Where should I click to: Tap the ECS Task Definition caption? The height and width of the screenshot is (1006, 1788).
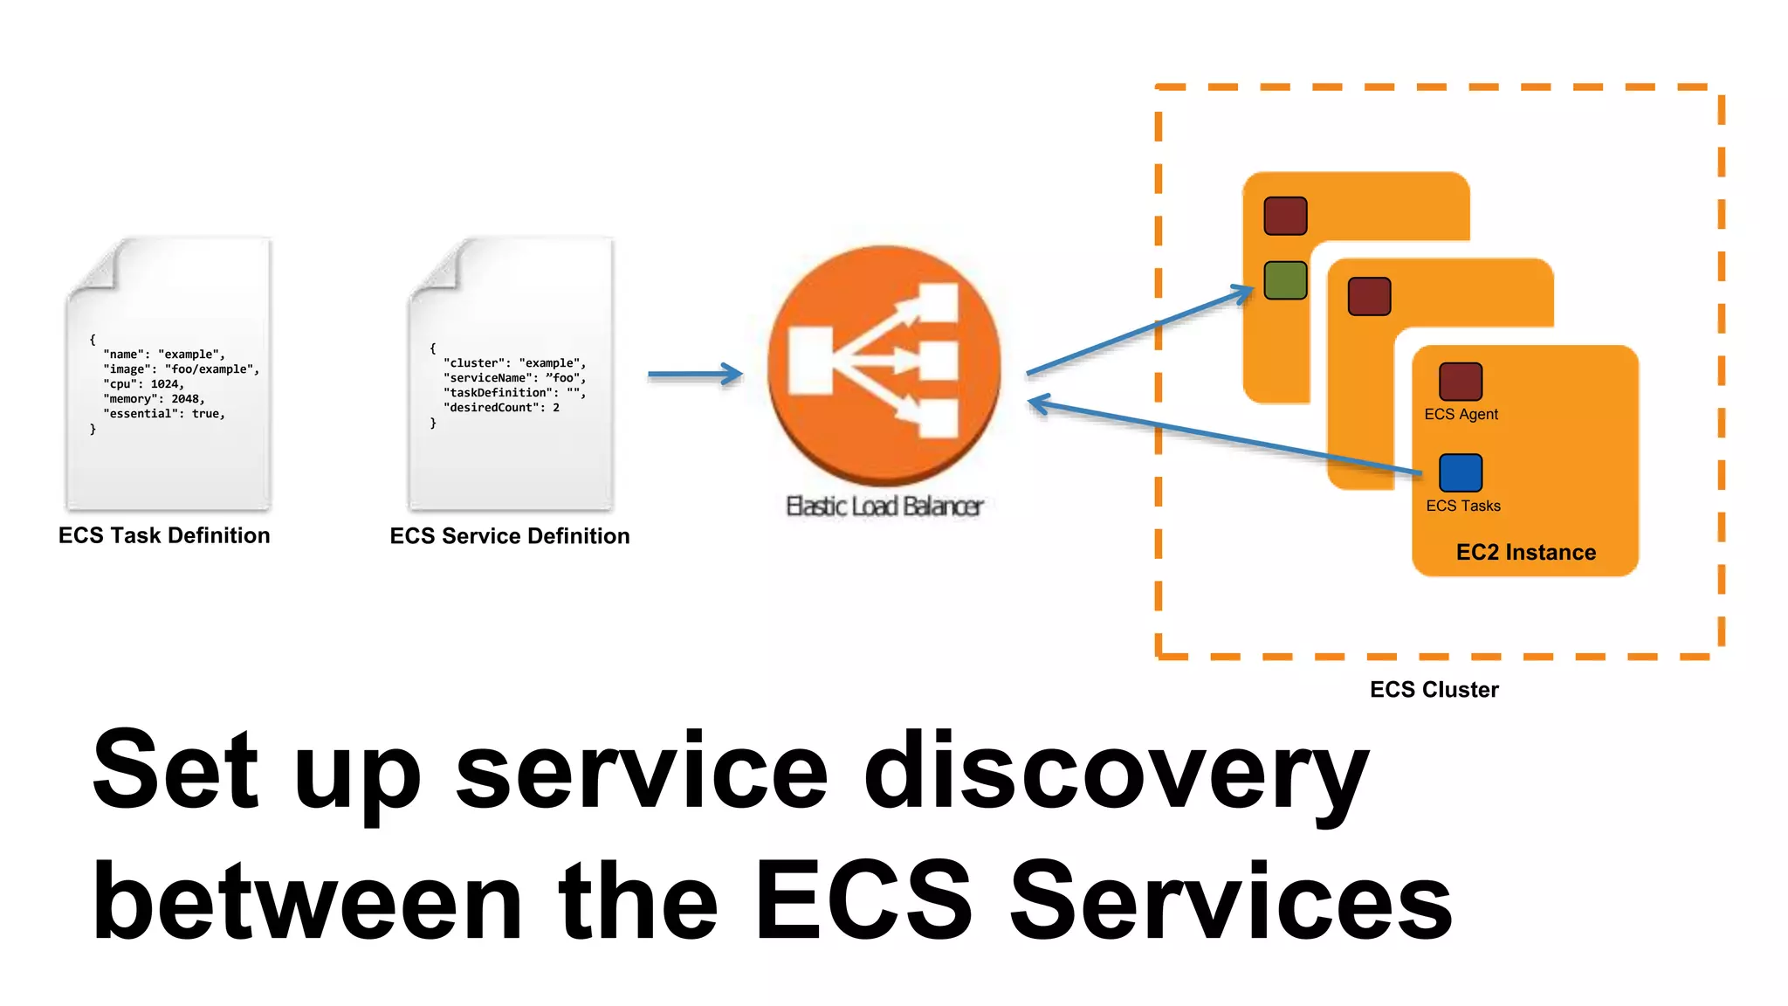coord(164,535)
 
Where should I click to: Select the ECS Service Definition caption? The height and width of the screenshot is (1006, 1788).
coord(510,536)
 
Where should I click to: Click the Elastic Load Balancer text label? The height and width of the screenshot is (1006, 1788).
coord(884,506)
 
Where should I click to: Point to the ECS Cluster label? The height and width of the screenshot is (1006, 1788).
coord(1434,690)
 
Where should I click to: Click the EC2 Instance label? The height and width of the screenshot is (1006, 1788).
coord(1525,553)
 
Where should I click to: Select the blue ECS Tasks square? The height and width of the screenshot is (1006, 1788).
coord(1461,472)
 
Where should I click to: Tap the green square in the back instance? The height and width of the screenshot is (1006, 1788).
coord(1285,280)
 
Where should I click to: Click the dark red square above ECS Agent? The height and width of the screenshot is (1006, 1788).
coord(1461,382)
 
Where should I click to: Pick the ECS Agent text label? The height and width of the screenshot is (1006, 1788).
coord(1461,415)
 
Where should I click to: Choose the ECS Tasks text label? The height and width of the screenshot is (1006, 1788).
coord(1463,506)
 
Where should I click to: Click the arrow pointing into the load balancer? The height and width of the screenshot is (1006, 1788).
coord(695,375)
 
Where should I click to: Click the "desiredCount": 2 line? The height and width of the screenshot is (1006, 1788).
coord(502,408)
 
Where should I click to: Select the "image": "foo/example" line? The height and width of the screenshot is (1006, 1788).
coord(182,369)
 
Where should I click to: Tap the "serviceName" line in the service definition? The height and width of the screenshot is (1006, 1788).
coord(515,378)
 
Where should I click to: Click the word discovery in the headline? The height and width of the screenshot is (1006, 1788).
coord(1116,772)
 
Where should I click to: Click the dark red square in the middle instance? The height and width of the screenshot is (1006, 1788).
coord(1369,296)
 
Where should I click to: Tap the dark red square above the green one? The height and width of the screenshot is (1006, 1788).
coord(1285,216)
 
